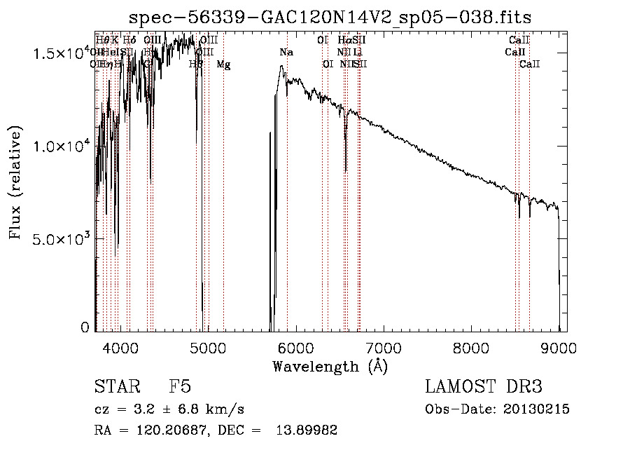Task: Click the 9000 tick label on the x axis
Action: [x=558, y=346]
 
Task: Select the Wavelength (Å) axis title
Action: [x=330, y=366]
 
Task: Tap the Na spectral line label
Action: [x=286, y=53]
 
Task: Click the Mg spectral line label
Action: [x=223, y=65]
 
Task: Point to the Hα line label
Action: [x=344, y=41]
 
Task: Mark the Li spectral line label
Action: [x=357, y=53]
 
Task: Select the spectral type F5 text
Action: [x=180, y=388]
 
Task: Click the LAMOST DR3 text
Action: [x=483, y=388]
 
